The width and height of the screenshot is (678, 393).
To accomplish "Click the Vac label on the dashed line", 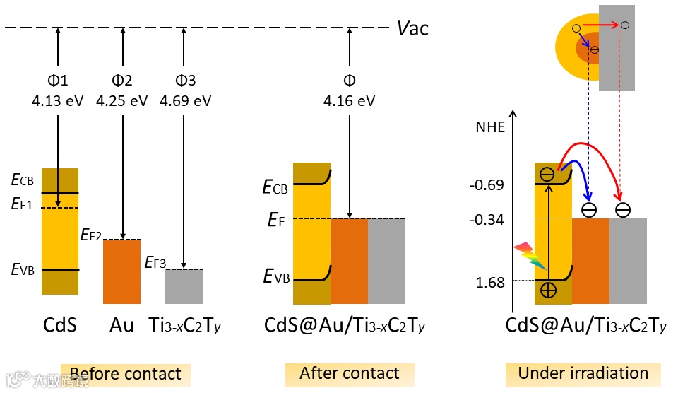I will [412, 28].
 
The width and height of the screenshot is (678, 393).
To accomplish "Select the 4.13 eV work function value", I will [57, 100].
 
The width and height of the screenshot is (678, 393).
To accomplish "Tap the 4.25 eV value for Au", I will [122, 100].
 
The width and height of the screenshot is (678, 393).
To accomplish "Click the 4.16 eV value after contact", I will [349, 100].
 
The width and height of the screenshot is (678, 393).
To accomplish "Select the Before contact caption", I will [126, 374].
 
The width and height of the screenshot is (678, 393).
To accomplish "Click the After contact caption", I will [349, 373].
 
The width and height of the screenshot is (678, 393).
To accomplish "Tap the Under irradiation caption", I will [583, 373].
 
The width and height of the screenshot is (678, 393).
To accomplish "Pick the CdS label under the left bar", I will [59, 326].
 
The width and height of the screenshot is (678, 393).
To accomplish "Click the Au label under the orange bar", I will [121, 326].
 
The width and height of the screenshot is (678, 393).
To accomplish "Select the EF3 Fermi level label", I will [155, 263].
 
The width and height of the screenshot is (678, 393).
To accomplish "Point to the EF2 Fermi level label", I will [92, 234].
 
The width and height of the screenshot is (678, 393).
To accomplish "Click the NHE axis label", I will [490, 128].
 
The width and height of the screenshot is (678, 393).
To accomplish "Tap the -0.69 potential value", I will [486, 185].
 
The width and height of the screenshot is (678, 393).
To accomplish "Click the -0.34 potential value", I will [486, 220].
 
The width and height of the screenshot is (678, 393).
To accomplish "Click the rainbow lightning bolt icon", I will [530, 256].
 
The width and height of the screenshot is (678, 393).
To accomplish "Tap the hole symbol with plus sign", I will [548, 290].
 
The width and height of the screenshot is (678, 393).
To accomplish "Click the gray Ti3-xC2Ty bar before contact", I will [184, 286].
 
